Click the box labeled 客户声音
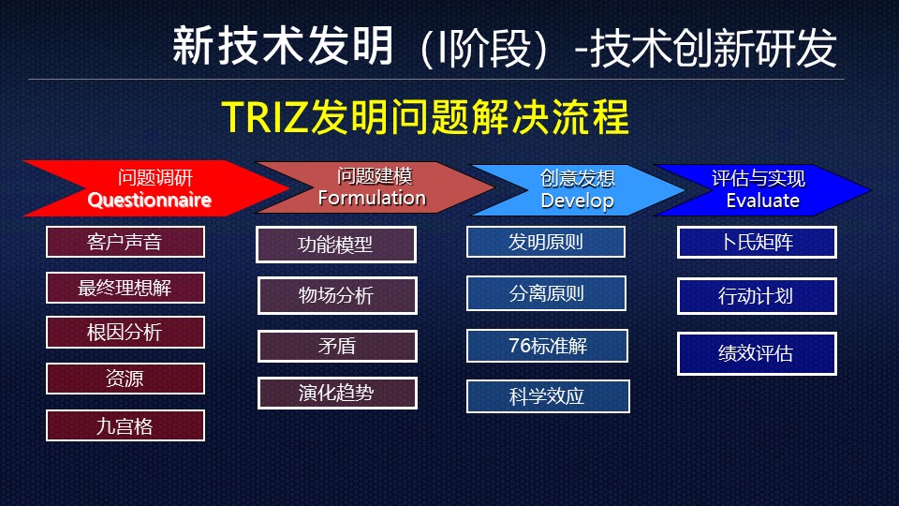(125, 242)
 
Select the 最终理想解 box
(125, 288)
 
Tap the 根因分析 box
(125, 332)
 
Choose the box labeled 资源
(125, 379)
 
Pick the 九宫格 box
(125, 425)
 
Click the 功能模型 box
(336, 245)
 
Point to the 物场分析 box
(337, 295)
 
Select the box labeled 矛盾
(337, 346)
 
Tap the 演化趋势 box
(337, 393)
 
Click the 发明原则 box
(546, 242)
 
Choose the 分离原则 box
(546, 293)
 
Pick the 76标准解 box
(547, 346)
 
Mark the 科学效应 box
(548, 396)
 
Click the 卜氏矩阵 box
(757, 242)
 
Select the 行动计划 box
(757, 296)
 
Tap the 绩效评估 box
(757, 353)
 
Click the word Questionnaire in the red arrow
(150, 201)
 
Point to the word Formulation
(372, 198)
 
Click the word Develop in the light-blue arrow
(578, 201)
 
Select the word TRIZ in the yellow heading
(264, 118)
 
